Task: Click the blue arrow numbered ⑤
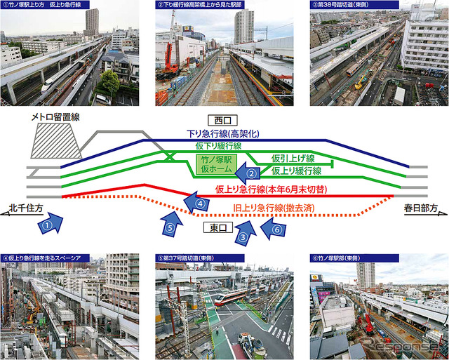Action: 168,223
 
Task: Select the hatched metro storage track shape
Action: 55,144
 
